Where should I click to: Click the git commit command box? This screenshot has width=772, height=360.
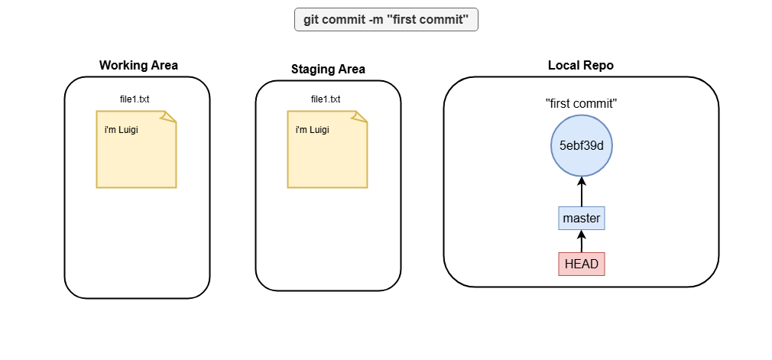click(x=386, y=20)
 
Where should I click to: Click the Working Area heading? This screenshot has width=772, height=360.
click(x=138, y=66)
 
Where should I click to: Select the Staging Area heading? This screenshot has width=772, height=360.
click(x=328, y=70)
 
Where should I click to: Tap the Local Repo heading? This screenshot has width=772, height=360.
click(x=581, y=66)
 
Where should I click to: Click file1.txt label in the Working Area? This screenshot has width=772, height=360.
click(x=135, y=99)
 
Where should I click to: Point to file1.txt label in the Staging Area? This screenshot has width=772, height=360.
click(x=326, y=99)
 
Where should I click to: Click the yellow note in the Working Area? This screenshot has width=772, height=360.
click(x=136, y=149)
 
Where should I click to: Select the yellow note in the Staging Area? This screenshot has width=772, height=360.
click(x=327, y=149)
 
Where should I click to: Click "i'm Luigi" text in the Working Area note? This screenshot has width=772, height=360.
click(x=121, y=131)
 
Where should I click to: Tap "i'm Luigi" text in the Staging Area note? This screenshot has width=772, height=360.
click(x=312, y=131)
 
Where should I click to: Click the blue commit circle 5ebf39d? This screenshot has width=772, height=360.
click(x=582, y=146)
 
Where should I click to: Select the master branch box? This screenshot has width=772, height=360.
click(x=582, y=218)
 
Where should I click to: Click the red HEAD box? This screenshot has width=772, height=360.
click(x=582, y=264)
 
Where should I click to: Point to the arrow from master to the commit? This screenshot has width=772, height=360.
click(x=582, y=192)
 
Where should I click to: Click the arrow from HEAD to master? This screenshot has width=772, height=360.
click(x=582, y=242)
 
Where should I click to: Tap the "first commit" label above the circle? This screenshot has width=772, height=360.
click(x=582, y=103)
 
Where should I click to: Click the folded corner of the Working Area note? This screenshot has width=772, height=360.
click(x=169, y=117)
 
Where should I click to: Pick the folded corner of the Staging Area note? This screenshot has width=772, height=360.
click(x=360, y=117)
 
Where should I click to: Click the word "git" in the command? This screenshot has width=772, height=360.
click(x=310, y=20)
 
